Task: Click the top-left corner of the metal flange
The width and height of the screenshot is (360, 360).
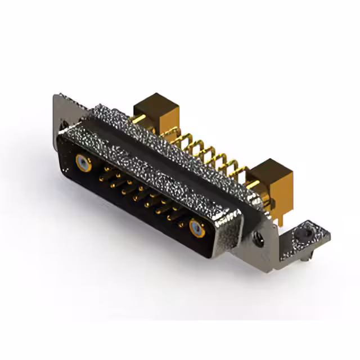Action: tap(56, 96)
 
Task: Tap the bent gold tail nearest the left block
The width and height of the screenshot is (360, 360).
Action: tap(169, 129)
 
